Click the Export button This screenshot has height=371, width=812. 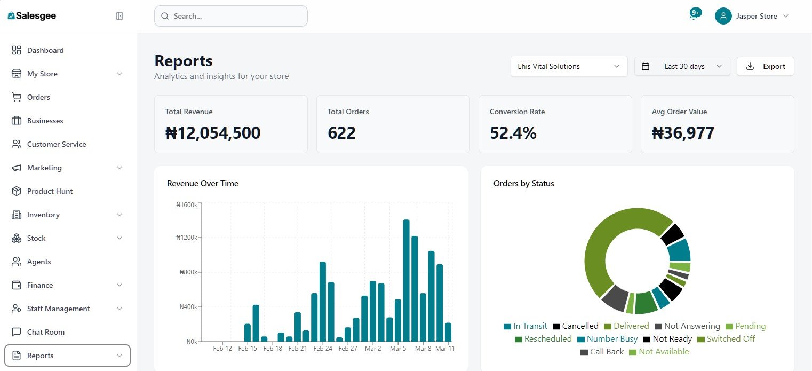pos(765,67)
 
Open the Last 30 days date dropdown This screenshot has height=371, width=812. pos(682,67)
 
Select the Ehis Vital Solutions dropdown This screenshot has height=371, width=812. pos(569,67)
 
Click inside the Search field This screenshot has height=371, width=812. pos(230,16)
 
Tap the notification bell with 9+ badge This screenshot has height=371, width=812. pos(694,16)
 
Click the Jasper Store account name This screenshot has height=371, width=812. pos(757,17)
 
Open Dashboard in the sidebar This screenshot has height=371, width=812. pos(45,50)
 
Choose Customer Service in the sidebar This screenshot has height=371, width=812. pos(56,144)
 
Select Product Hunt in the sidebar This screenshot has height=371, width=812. pos(50,191)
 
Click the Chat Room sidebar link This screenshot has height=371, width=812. pos(45,332)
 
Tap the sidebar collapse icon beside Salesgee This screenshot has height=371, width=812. pos(120,16)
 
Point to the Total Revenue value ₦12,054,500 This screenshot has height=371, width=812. pos(213,133)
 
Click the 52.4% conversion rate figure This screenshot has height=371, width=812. pos(513,133)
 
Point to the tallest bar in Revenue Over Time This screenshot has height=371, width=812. pos(406,280)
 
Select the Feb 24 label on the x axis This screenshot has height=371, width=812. pos(323,349)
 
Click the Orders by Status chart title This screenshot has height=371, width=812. pos(523,184)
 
